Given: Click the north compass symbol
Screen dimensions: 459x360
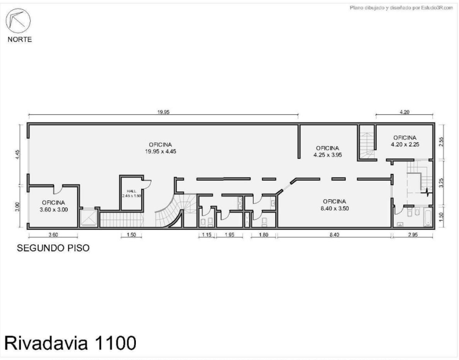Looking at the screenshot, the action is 18,21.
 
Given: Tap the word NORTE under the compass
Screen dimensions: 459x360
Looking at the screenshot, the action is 20,39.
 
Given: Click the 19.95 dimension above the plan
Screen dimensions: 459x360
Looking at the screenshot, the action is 164,112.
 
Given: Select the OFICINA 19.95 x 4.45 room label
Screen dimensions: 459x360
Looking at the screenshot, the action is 160,148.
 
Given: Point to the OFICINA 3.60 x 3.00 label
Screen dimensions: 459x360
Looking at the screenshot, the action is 54,206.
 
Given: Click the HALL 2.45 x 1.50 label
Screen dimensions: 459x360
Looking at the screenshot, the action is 132,194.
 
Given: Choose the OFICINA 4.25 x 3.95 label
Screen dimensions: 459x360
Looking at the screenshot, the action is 328,151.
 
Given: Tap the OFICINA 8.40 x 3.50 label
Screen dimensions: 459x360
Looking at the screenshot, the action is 335,205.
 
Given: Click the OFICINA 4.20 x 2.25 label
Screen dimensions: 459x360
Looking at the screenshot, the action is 405,141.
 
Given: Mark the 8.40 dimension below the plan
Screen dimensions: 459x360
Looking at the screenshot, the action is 334,235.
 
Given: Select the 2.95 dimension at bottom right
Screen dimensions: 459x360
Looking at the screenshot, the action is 413,235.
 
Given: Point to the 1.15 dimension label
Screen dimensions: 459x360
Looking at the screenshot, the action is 207,235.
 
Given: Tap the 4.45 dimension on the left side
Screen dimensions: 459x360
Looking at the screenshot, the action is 17,154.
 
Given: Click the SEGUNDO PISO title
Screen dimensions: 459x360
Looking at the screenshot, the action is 53,248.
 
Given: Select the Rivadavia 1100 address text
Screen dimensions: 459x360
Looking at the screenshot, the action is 71,343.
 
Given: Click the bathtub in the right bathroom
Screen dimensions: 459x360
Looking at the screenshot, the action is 427,218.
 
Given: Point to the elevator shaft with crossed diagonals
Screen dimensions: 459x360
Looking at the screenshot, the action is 88,218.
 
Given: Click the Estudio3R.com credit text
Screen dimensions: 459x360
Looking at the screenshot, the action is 401,8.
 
